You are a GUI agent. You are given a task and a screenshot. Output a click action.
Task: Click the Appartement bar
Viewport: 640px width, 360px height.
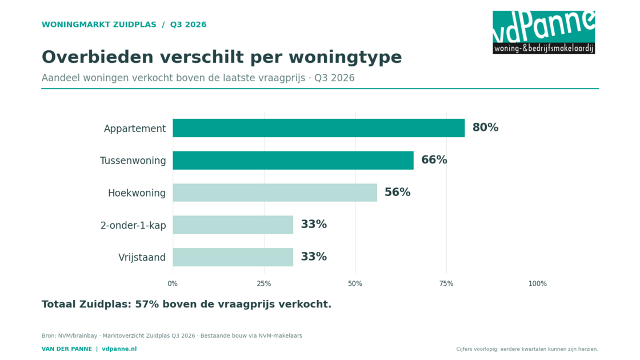pos(319,128)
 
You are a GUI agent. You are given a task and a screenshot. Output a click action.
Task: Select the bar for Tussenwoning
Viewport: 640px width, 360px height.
pos(293,161)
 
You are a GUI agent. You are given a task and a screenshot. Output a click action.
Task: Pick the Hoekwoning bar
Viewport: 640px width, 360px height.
pos(275,193)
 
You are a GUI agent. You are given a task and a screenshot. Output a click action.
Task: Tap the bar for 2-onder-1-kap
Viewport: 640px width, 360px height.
pos(233,225)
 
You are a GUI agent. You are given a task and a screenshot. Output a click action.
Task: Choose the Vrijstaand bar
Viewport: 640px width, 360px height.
pos(233,257)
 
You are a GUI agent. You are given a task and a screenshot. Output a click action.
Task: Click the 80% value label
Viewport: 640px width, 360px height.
pos(485,128)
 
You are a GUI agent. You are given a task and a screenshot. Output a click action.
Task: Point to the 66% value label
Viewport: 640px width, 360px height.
pos(434,160)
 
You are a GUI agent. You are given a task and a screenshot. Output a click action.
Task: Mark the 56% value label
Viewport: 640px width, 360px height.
pos(398,192)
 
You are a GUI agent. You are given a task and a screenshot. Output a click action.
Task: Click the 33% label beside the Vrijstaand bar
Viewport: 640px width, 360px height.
pos(314,257)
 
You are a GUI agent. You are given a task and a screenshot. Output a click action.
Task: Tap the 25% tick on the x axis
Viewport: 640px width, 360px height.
pos(263,283)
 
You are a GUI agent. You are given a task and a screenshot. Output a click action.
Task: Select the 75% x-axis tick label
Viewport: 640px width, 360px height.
pos(446,283)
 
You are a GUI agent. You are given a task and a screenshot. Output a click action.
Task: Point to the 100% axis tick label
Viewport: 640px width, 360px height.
pos(538,283)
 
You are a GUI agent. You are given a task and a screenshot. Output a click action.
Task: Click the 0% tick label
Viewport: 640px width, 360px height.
pos(173,283)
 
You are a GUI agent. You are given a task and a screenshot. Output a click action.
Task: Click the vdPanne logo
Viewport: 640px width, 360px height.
pos(543,32)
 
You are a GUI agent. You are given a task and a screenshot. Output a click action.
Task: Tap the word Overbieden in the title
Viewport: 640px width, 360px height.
pos(98,57)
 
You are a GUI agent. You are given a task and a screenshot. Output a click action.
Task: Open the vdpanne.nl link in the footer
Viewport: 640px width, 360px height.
pos(119,349)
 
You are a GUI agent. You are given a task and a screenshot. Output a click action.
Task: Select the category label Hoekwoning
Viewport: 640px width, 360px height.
pos(137,193)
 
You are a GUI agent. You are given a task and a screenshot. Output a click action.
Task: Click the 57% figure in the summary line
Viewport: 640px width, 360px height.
pos(147,305)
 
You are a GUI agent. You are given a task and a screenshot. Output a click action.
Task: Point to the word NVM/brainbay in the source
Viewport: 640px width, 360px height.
pos(78,336)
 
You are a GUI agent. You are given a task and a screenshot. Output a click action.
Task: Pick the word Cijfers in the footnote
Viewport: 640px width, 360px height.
pos(465,349)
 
